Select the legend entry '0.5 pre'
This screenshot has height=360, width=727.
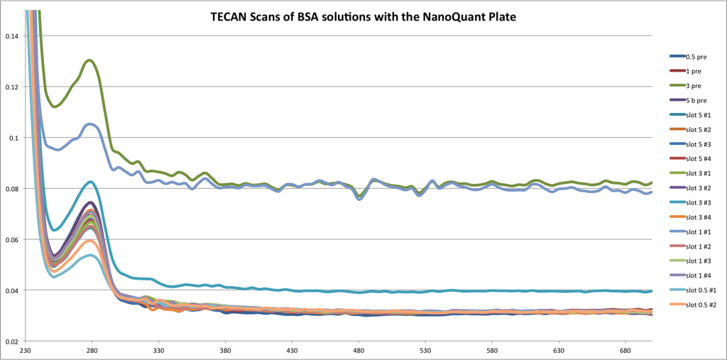[686, 57]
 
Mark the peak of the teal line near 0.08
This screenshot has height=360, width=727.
[90, 182]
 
